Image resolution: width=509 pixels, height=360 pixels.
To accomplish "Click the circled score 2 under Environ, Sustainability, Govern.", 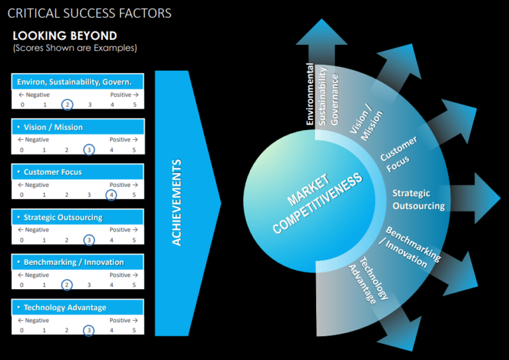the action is [x=67, y=105].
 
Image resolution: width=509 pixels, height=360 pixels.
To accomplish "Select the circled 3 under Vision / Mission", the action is [x=89, y=150].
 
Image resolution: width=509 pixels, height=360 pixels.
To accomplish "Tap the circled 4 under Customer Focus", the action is [x=111, y=195].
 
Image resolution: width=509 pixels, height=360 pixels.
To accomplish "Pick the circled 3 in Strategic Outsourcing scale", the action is [x=89, y=240].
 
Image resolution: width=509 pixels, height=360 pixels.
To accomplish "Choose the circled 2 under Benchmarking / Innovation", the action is [x=66, y=285].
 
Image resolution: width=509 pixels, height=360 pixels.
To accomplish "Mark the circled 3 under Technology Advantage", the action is [x=89, y=330].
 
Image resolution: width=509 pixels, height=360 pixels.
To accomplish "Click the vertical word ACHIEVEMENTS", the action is [x=176, y=202].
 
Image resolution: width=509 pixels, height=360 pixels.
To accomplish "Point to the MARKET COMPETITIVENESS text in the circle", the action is [x=317, y=203].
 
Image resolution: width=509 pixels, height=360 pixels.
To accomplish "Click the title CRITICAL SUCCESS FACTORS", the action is [x=89, y=13].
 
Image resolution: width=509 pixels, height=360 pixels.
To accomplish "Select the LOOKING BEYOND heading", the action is [x=65, y=36].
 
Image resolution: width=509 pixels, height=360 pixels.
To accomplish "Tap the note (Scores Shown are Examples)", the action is [x=75, y=48].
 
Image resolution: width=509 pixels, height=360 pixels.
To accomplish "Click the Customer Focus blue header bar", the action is [x=78, y=172].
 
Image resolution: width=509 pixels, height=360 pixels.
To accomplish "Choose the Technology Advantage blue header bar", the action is [x=78, y=307].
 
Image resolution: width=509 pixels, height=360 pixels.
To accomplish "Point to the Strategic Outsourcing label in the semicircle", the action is [x=418, y=200].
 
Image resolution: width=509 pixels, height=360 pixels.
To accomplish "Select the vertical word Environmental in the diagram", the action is [x=310, y=94].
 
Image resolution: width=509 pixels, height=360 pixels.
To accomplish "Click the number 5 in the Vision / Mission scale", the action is [x=134, y=150].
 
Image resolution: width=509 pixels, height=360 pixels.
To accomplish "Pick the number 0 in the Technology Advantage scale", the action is [x=21, y=330].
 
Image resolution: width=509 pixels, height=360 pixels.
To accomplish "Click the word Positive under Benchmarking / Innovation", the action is [x=120, y=275].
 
